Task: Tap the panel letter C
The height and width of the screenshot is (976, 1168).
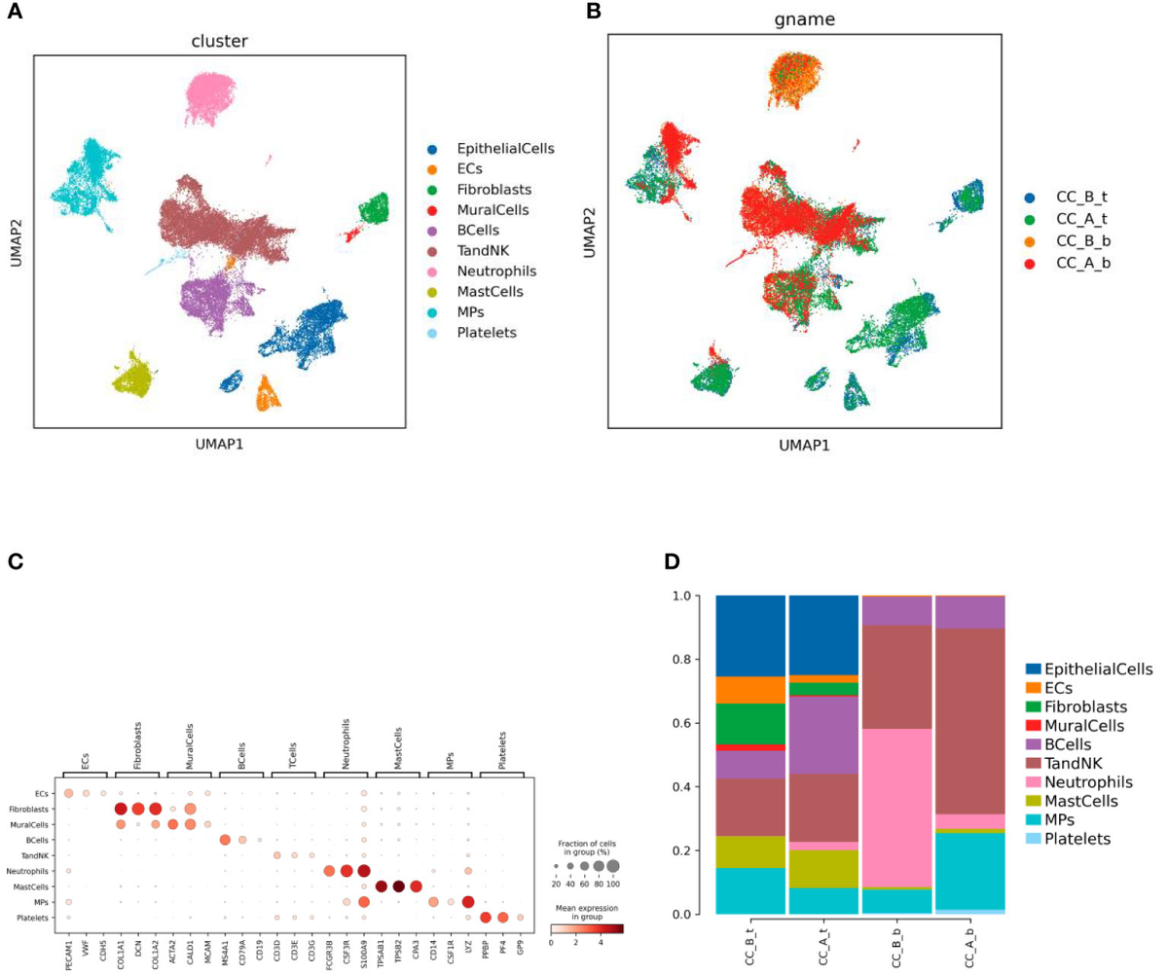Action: [14, 561]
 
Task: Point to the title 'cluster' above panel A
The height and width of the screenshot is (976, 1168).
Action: [219, 41]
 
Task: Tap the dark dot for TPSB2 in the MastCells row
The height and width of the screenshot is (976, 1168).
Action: [398, 886]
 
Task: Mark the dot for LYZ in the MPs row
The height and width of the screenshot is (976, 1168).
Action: [468, 902]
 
